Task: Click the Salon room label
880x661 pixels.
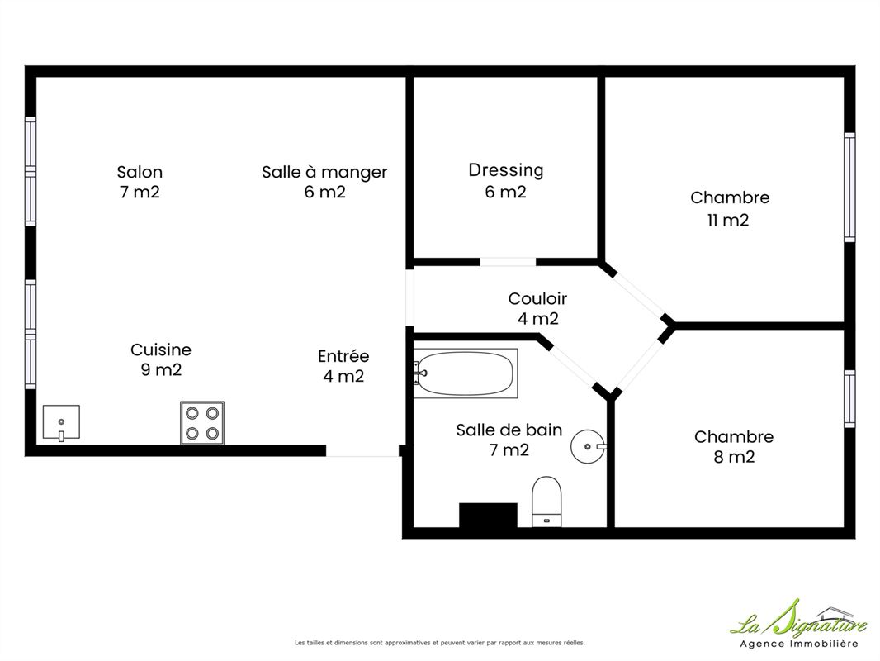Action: coord(140,172)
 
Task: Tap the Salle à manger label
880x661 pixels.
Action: coord(324,172)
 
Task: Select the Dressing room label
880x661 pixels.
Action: coord(506,170)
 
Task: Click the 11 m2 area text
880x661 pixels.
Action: coord(728,220)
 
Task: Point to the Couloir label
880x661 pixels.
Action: coord(537,298)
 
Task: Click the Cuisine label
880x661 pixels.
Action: coord(161,350)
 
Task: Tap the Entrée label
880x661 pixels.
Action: coord(343,356)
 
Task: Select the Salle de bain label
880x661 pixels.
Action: coord(509,430)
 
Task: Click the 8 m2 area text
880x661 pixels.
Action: coord(734,457)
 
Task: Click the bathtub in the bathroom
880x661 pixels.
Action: coord(466,373)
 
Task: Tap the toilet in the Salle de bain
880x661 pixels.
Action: coord(546,502)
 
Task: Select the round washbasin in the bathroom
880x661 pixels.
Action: coord(588,446)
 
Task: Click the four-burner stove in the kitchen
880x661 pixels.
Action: coord(202,423)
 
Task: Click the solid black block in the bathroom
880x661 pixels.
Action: coord(488,515)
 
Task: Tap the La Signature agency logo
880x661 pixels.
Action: coord(798,623)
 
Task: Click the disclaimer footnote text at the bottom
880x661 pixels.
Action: coord(440,643)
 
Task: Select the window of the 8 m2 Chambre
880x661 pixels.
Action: coord(849,399)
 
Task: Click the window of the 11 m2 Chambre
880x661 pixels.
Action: coord(849,188)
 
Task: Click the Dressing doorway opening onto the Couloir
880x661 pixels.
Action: coord(508,262)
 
